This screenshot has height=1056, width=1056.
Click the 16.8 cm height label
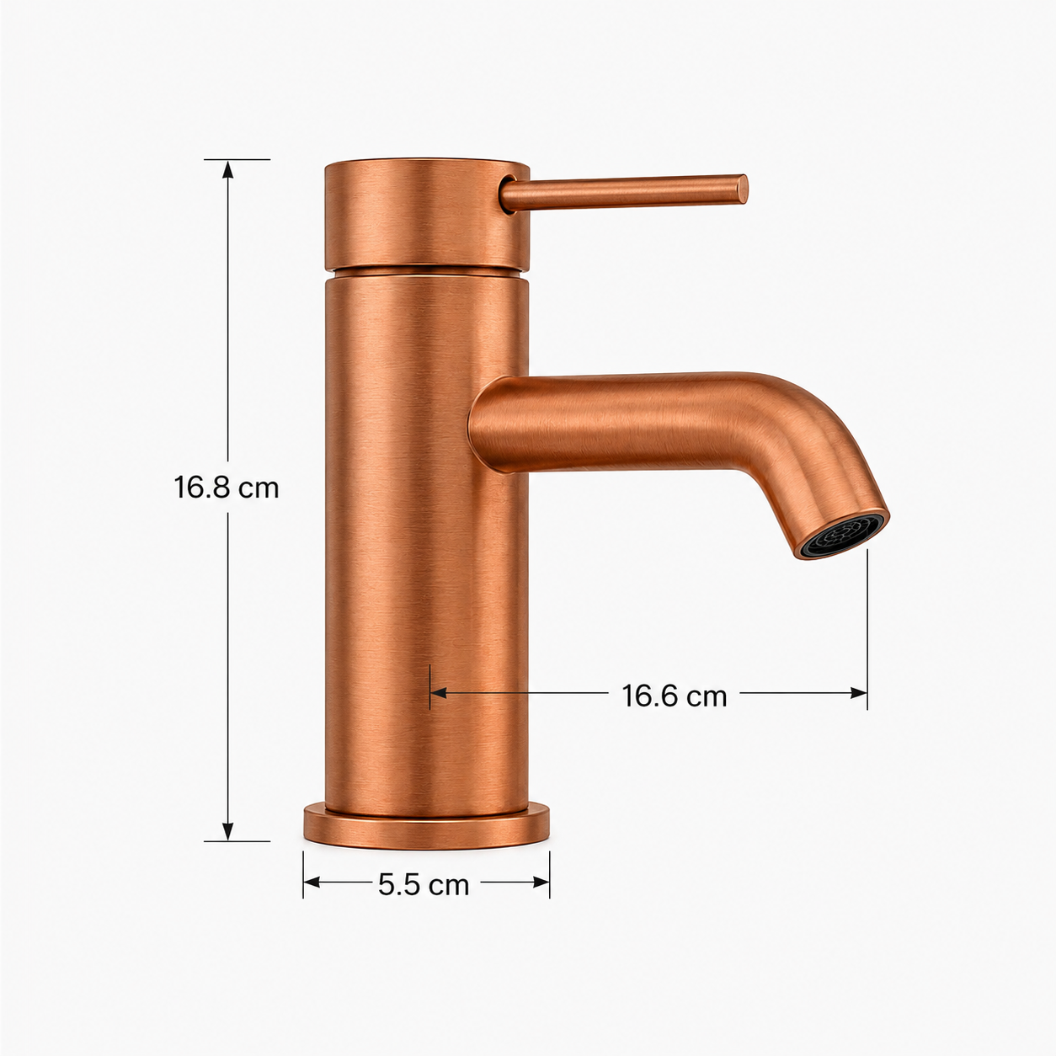[x=227, y=488]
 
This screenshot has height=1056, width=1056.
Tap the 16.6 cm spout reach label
[x=674, y=696]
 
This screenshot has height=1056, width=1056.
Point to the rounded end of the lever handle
[x=742, y=189]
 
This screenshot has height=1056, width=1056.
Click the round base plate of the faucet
[x=426, y=828]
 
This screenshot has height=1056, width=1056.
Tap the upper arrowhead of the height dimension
[x=228, y=170]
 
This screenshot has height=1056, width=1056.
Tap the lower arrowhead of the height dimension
[x=228, y=829]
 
